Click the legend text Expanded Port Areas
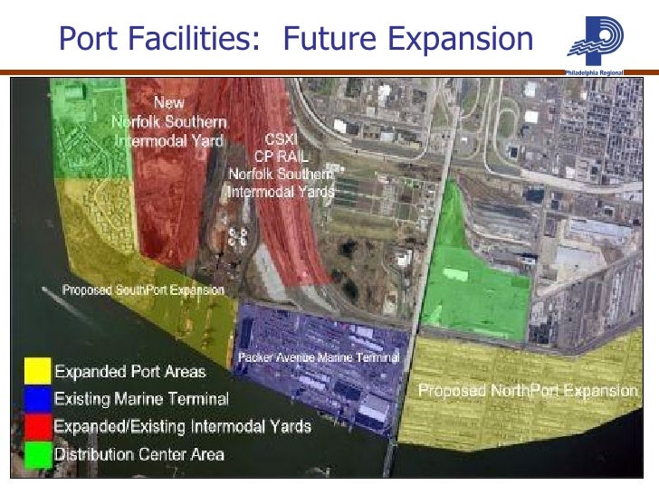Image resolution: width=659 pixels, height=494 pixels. pyautogui.click(x=130, y=372)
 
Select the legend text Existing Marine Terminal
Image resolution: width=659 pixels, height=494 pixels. pyautogui.click(x=142, y=398)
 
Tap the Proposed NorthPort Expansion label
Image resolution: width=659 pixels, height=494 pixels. pyautogui.click(x=528, y=392)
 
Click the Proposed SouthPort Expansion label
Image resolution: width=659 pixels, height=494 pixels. pyautogui.click(x=143, y=290)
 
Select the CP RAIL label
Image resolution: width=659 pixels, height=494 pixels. pyautogui.click(x=280, y=157)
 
